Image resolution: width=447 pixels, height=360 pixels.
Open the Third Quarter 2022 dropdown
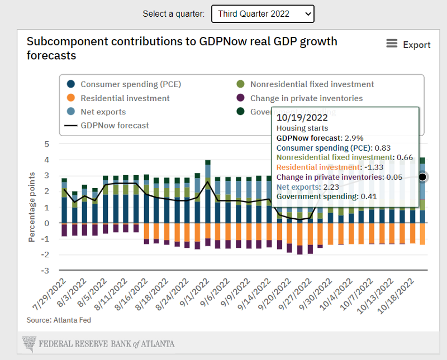[x=263, y=13]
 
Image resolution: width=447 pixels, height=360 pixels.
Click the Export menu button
[x=408, y=45]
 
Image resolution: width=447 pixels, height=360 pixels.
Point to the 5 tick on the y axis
[x=47, y=144]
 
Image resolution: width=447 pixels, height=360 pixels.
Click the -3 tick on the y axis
[x=45, y=271]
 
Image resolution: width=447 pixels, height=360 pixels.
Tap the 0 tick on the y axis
[x=47, y=223]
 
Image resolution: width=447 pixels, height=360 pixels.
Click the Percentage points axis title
[x=32, y=207]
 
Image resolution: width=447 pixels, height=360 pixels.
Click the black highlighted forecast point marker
[x=422, y=177]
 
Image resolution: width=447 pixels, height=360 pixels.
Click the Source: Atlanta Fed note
[x=59, y=320]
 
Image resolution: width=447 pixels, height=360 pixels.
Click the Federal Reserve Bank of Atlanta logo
[x=98, y=343]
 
